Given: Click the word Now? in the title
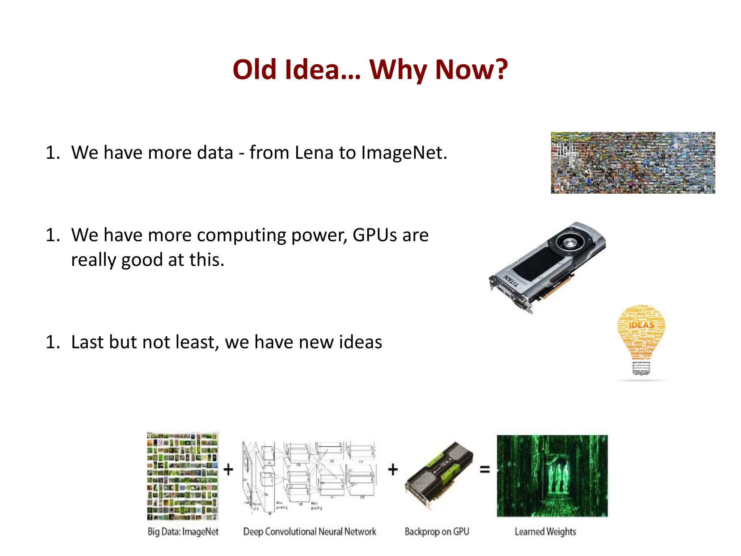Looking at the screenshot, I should pos(471,69).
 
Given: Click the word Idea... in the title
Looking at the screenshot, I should pos(323,69).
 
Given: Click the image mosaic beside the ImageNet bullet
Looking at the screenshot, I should pos(633,163).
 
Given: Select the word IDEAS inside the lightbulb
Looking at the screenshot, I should pos(642,325).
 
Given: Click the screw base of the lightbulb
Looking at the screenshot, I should pos(641,367).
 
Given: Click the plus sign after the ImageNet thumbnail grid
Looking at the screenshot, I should pos(228,469).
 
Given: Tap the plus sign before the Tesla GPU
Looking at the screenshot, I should pos(393,469).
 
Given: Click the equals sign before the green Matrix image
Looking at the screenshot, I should pos(484,469).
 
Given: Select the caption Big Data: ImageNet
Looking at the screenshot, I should pos(183,532).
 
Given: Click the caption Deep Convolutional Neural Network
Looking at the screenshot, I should pos(310,532).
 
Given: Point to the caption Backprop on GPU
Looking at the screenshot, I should pos(437,532).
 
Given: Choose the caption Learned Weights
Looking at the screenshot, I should pos(545,532).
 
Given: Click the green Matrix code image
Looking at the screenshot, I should pos(552,476).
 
